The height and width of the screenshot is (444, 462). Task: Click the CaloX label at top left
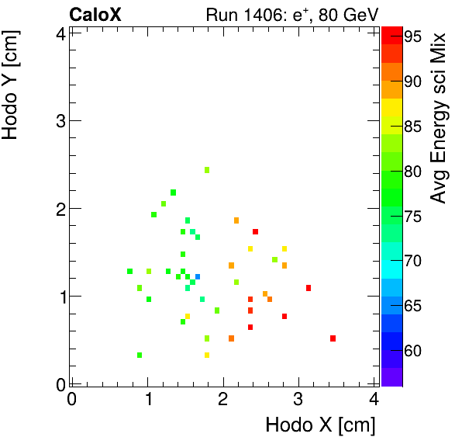pyautogui.click(x=95, y=14)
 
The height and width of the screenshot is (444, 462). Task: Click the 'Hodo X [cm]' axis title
pyautogui.click(x=320, y=425)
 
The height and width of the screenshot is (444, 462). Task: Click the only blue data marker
pyautogui.click(x=198, y=276)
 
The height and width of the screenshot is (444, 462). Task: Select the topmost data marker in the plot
pyautogui.click(x=207, y=170)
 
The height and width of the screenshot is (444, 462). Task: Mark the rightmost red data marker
pyautogui.click(x=333, y=338)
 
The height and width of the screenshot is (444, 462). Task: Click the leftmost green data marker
pyautogui.click(x=130, y=272)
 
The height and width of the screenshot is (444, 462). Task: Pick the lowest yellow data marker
pyautogui.click(x=207, y=356)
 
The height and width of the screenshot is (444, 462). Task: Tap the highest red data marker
pyautogui.click(x=255, y=231)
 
